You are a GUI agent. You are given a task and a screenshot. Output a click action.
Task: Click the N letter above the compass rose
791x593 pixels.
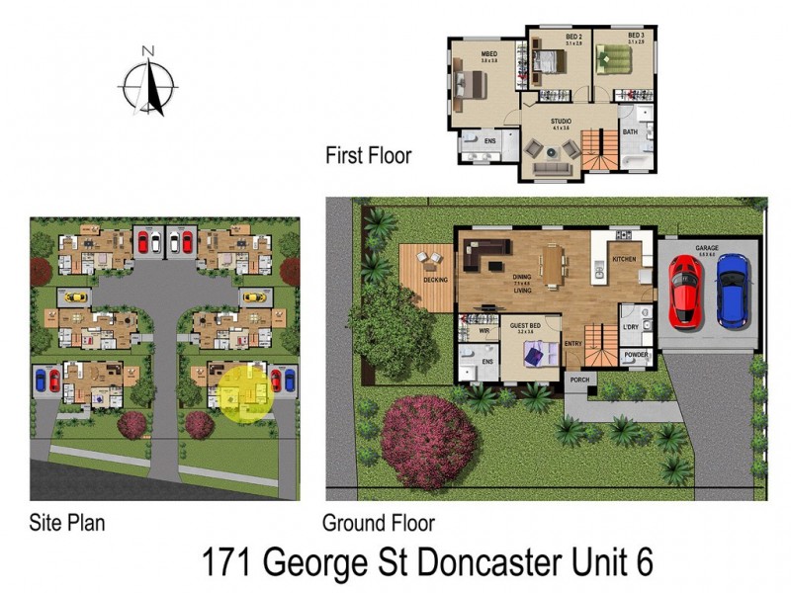pyautogui.click(x=147, y=50)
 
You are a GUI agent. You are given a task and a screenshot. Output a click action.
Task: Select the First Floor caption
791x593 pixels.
pyautogui.click(x=368, y=155)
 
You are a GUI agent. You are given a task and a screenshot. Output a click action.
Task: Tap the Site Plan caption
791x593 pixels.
pyautogui.click(x=67, y=522)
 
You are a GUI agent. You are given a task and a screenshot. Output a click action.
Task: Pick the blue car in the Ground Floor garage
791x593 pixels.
pyautogui.click(x=733, y=290)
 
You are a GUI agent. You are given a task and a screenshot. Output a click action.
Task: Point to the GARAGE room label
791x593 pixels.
pyautogui.click(x=707, y=249)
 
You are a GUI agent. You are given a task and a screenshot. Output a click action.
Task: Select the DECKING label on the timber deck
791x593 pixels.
pyautogui.click(x=435, y=280)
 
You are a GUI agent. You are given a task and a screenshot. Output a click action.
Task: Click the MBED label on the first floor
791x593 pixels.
pyautogui.click(x=488, y=54)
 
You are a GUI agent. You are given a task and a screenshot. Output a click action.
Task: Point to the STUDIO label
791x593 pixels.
pyautogui.click(x=562, y=122)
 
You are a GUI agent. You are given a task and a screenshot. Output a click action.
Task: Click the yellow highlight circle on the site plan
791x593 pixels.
pyautogui.click(x=244, y=394)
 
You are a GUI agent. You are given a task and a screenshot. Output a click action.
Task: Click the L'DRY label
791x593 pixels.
pyautogui.click(x=631, y=326)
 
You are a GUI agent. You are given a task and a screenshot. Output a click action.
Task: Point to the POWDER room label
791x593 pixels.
pyautogui.click(x=637, y=355)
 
